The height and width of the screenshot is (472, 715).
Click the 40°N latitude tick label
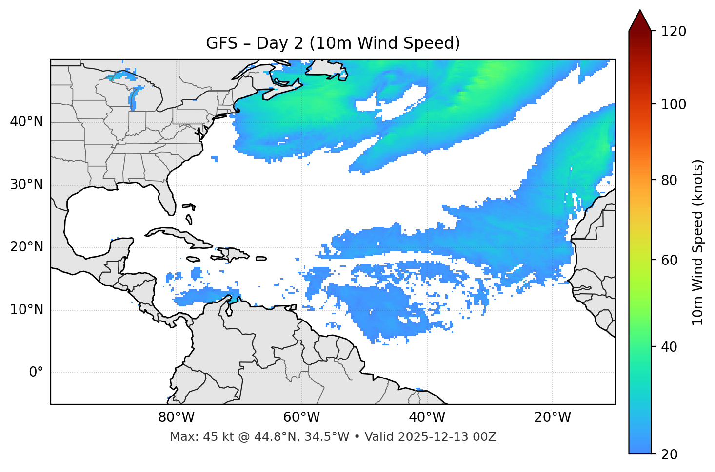pos(26,122)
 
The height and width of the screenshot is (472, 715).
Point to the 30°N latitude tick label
pos(26,185)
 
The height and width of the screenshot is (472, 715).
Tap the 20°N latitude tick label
pos(26,247)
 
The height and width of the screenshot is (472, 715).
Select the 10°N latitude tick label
pos(26,310)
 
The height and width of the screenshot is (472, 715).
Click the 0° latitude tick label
pos(36,373)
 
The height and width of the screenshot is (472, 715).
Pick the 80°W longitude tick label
pos(176,417)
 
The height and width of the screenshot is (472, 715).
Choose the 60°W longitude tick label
pos(301,417)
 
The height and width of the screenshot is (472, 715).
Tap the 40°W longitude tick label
pos(427,417)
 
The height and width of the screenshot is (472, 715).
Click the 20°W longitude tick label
pos(552,417)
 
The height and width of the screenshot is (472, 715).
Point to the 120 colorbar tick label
pos(674,31)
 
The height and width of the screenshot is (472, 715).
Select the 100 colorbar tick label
pos(674,104)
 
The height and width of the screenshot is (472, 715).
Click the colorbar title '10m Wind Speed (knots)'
pos(698,243)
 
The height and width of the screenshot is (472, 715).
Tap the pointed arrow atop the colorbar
pos(640,20)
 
